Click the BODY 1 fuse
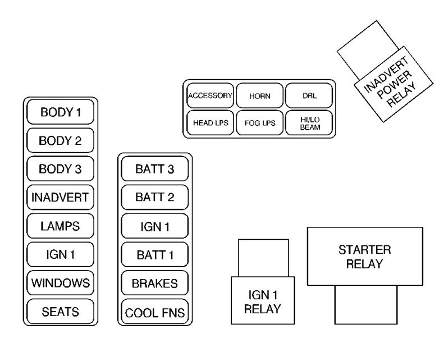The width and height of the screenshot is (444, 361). [61, 112]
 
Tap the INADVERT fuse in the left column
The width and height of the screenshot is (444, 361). [61, 197]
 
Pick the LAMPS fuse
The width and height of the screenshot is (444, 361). [61, 226]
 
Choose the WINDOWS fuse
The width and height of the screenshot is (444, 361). [61, 282]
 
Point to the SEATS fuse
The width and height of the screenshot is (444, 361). [61, 310]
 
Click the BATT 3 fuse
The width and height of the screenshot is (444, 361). [154, 169]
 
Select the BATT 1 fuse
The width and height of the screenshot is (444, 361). [154, 255]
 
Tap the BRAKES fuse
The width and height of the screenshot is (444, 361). [154, 283]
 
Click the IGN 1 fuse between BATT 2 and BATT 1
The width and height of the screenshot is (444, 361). [154, 226]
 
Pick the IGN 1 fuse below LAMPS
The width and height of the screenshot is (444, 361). [61, 254]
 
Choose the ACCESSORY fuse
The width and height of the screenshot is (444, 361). [210, 95]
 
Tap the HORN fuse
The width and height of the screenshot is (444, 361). [259, 95]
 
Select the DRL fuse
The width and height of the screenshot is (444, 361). [309, 95]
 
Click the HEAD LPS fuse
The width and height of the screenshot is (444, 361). [210, 123]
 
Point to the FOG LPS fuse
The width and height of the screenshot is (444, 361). [259, 123]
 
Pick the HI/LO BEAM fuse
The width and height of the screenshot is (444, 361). [309, 123]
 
